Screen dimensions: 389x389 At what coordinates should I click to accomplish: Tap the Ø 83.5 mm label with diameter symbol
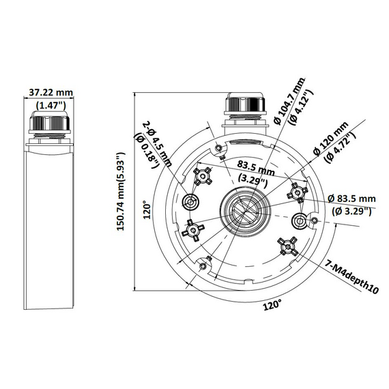point(351,198)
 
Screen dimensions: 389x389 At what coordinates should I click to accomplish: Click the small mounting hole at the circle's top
point(218,149)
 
